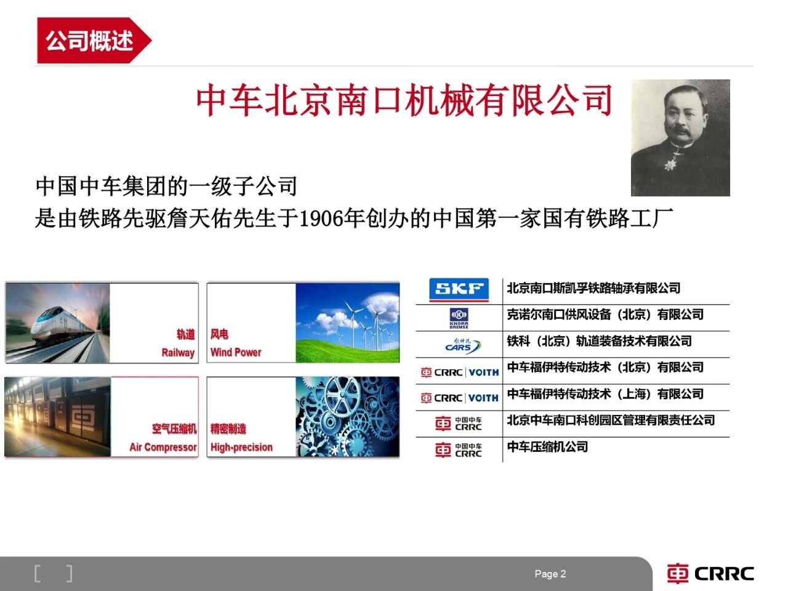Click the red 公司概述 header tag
[x=94, y=40]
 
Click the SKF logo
[x=459, y=289]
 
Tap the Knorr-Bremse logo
[x=459, y=318]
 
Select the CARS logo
[x=462, y=345]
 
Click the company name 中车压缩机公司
[x=547, y=447]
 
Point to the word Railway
[x=178, y=353]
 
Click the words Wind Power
[x=236, y=352]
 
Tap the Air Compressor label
[x=163, y=447]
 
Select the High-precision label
[x=241, y=447]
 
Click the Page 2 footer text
[x=550, y=574]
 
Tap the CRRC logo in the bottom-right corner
[x=710, y=573]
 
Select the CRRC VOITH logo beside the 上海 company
[x=460, y=398]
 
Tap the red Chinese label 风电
[x=219, y=334]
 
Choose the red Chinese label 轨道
[x=186, y=334]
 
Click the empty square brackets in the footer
[x=53, y=573]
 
